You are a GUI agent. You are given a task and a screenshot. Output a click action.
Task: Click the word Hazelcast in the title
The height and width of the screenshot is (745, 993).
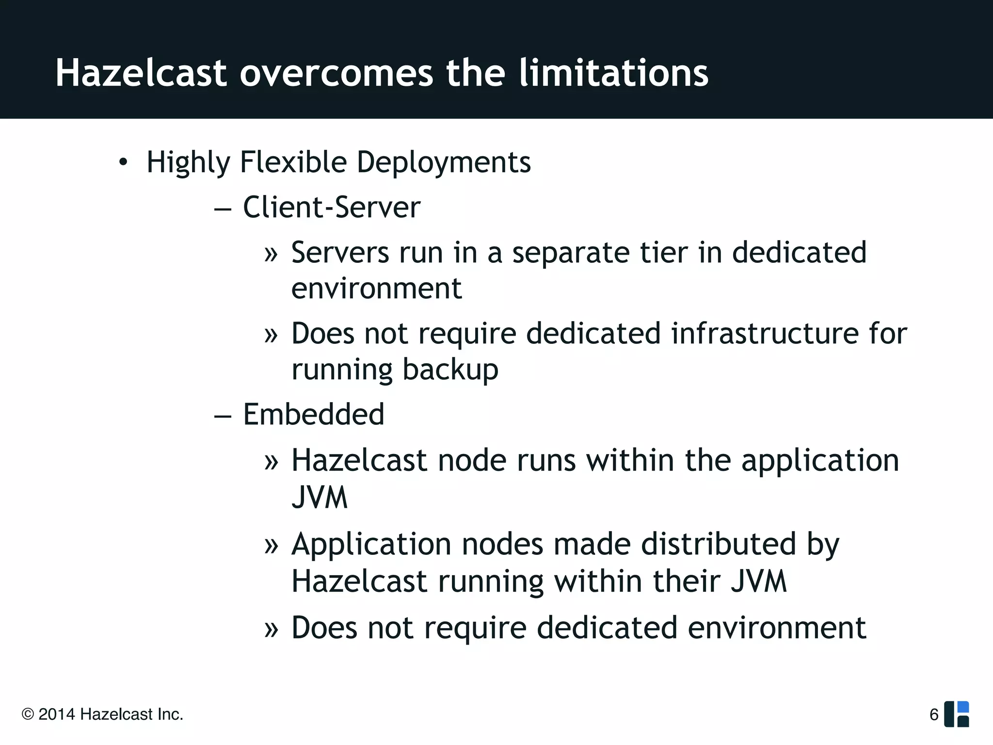(141, 73)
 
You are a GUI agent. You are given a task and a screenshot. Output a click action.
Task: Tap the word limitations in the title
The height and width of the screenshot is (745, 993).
(613, 73)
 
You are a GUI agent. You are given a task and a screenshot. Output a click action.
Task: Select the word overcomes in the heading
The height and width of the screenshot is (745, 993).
(336, 74)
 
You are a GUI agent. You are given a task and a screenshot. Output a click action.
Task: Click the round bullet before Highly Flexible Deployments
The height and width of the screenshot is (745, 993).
(124, 162)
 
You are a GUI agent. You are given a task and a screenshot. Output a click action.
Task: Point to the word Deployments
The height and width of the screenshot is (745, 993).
(444, 162)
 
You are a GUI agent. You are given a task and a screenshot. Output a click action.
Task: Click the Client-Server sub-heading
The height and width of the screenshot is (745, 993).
(331, 208)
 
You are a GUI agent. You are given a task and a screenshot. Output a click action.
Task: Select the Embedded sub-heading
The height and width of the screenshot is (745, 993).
(313, 415)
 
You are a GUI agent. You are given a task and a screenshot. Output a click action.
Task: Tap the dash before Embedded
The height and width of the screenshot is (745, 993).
(223, 416)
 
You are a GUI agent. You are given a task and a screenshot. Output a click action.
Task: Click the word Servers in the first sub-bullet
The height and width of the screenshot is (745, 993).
(340, 253)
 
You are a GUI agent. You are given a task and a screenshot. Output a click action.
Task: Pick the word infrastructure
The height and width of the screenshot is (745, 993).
(765, 334)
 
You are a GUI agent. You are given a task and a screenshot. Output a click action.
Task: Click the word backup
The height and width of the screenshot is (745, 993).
(450, 370)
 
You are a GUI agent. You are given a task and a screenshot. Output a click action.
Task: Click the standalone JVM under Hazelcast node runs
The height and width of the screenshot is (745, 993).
(320, 497)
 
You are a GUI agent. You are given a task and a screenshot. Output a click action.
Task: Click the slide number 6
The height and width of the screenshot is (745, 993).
(934, 714)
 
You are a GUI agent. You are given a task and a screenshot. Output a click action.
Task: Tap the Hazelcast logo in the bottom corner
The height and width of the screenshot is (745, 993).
(957, 714)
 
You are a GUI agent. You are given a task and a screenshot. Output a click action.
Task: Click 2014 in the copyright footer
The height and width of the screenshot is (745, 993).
(57, 714)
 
